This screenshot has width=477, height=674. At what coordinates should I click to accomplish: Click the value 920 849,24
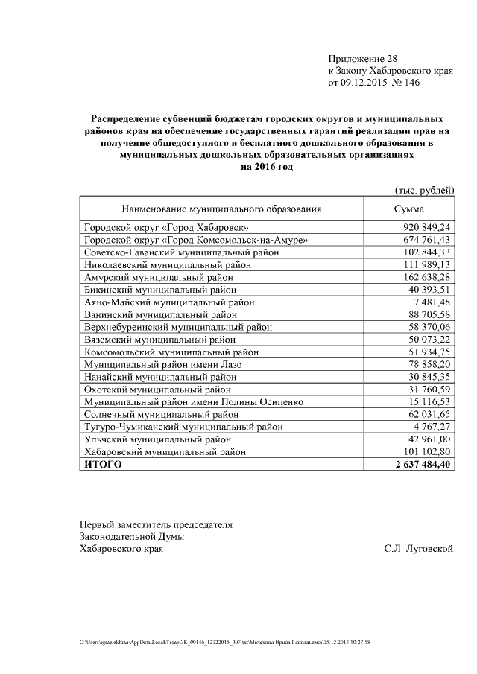[x=427, y=227]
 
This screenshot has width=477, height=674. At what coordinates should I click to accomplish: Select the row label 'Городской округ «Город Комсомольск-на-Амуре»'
[x=195, y=240]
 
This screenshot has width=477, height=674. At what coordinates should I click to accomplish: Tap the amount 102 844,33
[x=427, y=252]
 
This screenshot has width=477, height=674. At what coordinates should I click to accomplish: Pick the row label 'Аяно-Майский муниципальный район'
[x=169, y=302]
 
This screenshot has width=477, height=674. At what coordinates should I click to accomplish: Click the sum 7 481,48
[x=432, y=302]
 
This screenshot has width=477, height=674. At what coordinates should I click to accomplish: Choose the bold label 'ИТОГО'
[x=103, y=465]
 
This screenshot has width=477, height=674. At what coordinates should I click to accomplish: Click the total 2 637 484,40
[x=419, y=465]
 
